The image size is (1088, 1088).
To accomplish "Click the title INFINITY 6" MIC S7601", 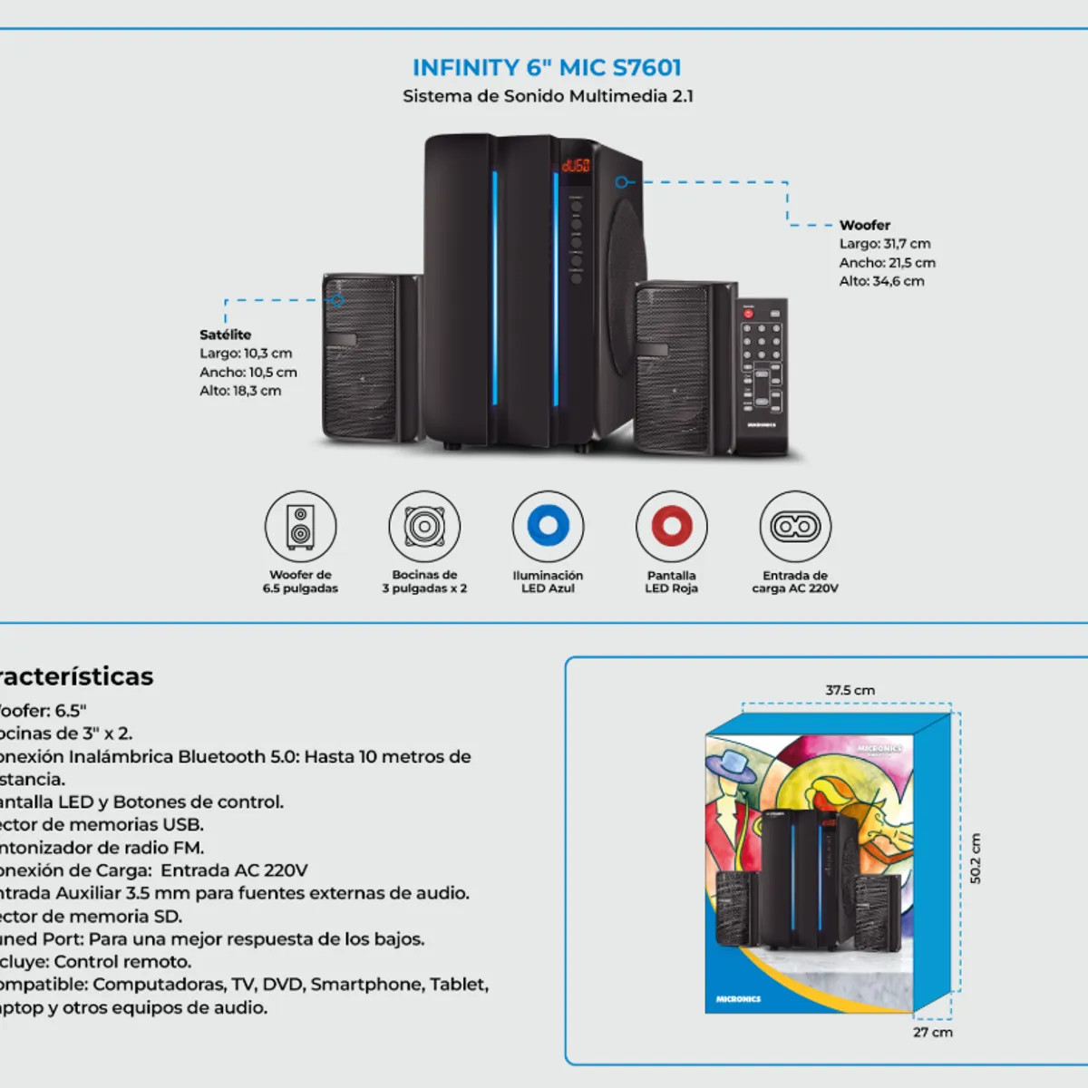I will click(547, 68).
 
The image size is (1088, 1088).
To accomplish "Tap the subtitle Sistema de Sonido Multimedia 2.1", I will click(548, 96).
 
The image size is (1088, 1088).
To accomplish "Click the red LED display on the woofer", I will click(576, 165).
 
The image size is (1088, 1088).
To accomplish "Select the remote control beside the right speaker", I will click(761, 376).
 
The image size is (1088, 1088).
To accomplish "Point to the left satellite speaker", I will click(361, 357).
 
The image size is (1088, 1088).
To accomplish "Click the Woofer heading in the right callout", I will click(864, 225).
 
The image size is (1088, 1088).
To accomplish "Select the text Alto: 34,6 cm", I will click(881, 281).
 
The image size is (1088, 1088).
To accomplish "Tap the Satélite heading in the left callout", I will click(225, 335).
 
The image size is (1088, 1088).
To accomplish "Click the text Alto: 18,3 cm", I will click(240, 391).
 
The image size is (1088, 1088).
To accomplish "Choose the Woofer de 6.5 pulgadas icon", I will click(300, 526).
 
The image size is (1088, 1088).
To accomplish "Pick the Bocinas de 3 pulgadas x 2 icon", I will click(424, 526).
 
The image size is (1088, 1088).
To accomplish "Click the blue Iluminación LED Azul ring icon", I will click(548, 526).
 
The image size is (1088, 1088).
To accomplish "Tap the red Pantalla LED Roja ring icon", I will click(671, 526).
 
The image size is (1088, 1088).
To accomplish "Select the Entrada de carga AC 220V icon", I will click(795, 526).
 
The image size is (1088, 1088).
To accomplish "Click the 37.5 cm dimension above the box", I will click(850, 690).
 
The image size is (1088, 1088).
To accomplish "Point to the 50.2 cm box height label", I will click(976, 858).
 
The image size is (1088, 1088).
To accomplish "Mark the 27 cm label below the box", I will click(932, 1032).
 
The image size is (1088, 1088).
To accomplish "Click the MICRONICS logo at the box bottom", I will click(738, 998).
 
